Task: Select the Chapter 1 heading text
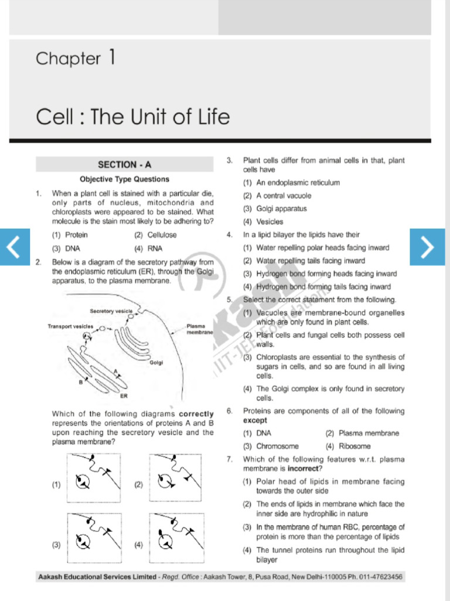(76, 58)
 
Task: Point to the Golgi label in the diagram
(156, 363)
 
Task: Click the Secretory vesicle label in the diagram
(111, 310)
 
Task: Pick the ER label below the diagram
(124, 396)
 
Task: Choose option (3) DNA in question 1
(65, 248)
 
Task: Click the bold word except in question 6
(255, 421)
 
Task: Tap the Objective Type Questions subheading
(124, 180)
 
